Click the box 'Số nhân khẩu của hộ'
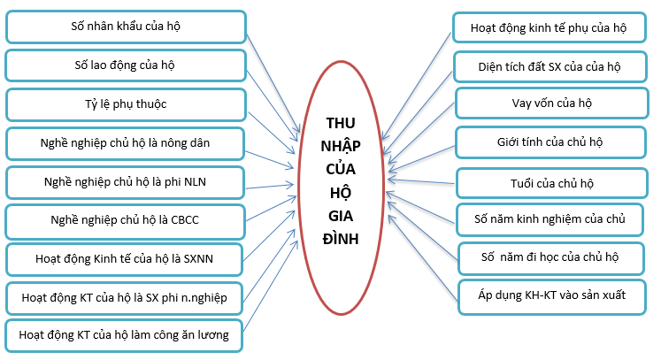(x=125, y=27)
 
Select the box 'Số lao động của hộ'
(x=125, y=65)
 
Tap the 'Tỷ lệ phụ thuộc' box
(x=125, y=104)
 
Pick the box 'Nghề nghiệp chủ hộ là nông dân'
(x=125, y=142)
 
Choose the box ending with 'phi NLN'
(x=125, y=182)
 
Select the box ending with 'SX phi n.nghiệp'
(x=125, y=298)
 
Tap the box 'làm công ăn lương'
(x=125, y=335)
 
